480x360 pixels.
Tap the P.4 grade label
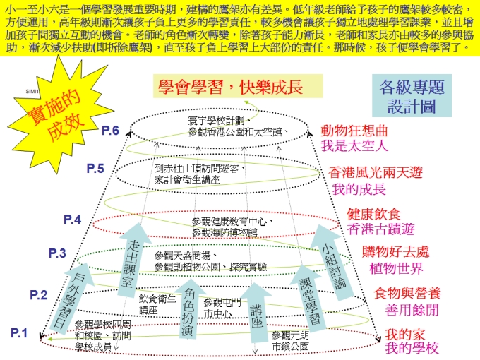coord(73,220)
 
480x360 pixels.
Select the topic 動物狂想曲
coord(354,131)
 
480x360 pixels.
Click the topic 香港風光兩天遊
coord(377,173)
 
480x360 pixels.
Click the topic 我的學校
coord(412,349)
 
